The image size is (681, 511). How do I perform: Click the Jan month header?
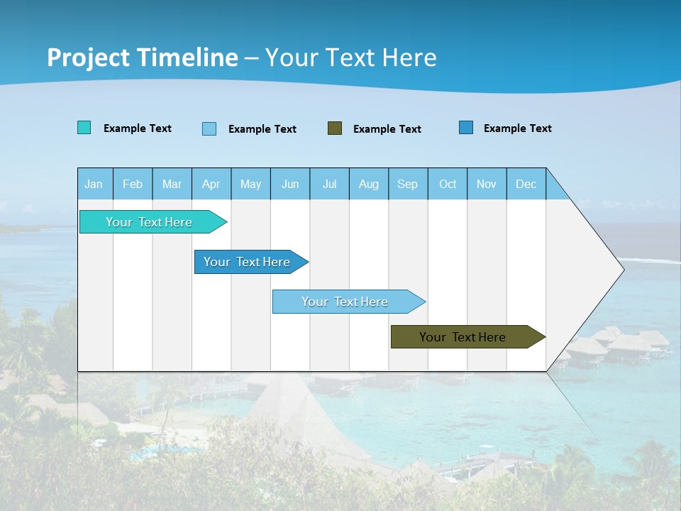coord(94,184)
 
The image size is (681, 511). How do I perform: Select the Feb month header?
coord(133,184)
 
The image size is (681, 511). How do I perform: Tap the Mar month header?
coord(172,184)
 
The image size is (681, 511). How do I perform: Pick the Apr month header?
coord(211,184)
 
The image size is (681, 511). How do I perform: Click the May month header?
coord(250,184)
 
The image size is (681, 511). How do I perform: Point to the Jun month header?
coord(290,184)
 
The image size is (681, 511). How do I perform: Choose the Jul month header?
coord(329,184)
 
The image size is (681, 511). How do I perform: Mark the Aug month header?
coord(369,184)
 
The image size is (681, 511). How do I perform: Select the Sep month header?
coord(408,184)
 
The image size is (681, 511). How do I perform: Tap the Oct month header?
coord(448,184)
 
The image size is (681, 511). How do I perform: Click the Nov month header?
coord(487,184)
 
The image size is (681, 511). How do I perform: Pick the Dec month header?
coord(526,184)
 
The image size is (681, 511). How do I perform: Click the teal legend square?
coord(84,128)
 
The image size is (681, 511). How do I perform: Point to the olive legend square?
coord(335,128)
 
